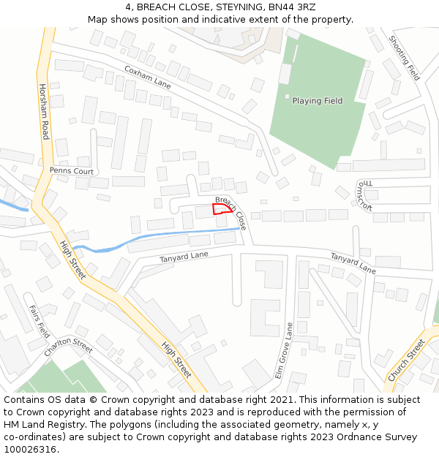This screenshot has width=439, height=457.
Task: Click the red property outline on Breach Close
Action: tap(222, 208)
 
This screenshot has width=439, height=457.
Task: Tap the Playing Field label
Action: tap(318, 101)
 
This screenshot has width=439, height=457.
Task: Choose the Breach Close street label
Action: tap(231, 214)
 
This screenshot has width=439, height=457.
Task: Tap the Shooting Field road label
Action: tap(404, 58)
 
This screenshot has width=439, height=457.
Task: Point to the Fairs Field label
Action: tap(39, 320)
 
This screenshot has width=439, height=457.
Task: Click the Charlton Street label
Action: tap(68, 346)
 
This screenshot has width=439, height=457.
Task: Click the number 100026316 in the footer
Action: tap(30, 449)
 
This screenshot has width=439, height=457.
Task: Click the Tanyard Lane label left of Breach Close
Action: tap(184, 257)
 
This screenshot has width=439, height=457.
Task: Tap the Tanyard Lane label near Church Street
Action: tap(353, 264)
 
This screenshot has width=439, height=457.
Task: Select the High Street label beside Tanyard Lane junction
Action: tap(73, 260)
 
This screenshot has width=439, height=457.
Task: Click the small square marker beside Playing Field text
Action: tap(287, 97)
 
